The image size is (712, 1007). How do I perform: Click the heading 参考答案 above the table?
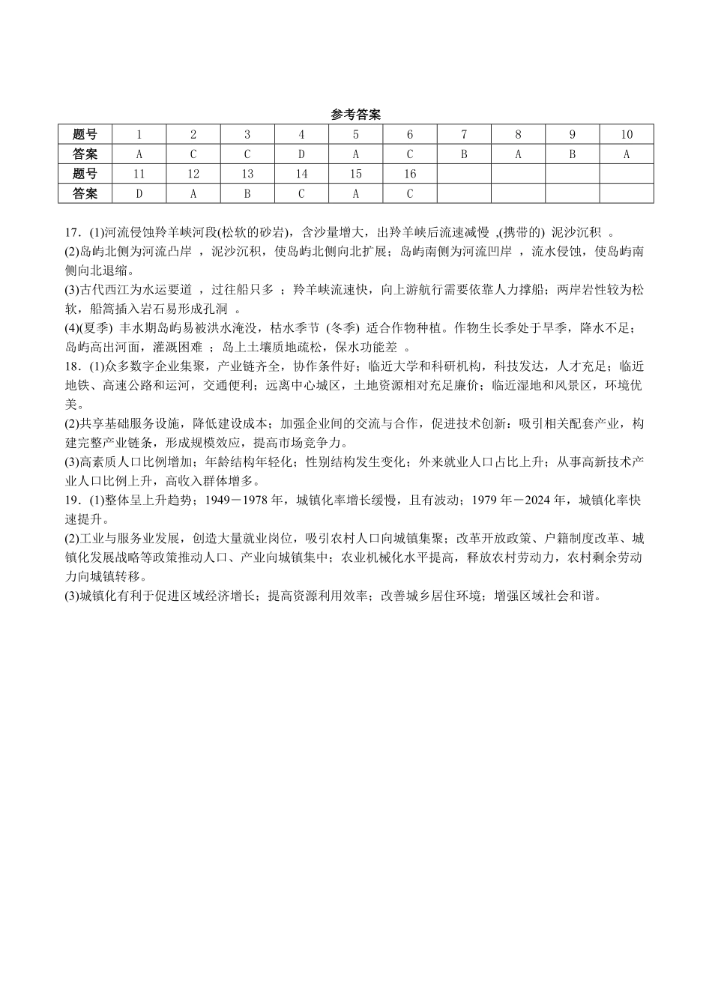[355, 115]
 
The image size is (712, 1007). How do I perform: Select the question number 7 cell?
[464, 135]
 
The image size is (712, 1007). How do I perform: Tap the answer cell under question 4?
[301, 154]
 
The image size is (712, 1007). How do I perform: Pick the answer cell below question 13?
[247, 193]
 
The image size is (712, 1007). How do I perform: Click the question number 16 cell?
[409, 174]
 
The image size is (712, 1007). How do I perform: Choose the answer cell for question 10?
[627, 154]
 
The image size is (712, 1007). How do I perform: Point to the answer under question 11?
[139, 193]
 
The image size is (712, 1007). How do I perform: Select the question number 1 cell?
[139, 135]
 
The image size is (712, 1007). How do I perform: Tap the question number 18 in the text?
[72, 366]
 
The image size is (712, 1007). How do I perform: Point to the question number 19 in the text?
[72, 500]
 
